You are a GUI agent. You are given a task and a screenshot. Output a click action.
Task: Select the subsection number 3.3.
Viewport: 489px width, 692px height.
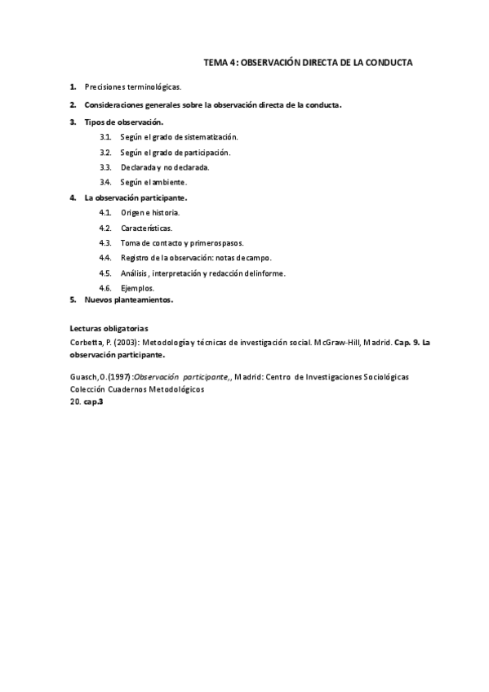tap(105, 166)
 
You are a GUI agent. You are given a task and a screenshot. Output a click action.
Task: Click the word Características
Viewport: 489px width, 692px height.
tap(146, 228)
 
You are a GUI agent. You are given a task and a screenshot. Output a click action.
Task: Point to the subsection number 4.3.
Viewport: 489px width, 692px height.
tap(105, 242)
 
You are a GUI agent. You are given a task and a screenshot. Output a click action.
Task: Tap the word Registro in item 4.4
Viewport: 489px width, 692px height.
tap(135, 258)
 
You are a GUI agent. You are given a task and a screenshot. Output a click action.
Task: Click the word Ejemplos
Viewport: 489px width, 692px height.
tap(137, 288)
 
